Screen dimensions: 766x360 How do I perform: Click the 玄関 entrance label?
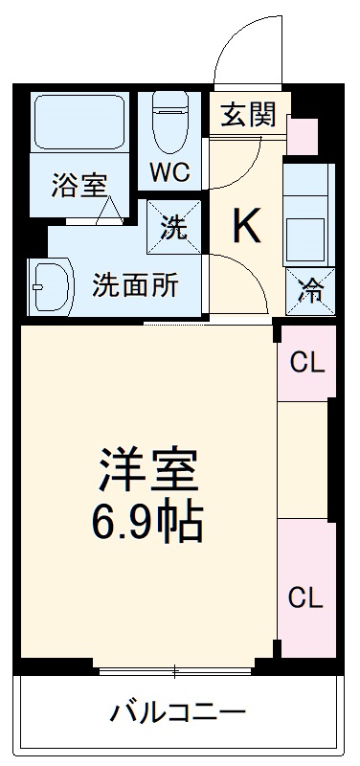[249, 115]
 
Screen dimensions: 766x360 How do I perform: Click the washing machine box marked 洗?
[174, 226]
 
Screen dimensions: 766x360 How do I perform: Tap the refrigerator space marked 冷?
[308, 288]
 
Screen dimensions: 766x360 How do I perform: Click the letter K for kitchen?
[246, 226]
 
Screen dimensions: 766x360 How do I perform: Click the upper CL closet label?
[307, 363]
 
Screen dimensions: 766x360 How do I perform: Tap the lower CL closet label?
[307, 597]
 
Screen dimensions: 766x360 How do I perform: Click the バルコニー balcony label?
[178, 712]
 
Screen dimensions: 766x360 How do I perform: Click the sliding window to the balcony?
[178, 667]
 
